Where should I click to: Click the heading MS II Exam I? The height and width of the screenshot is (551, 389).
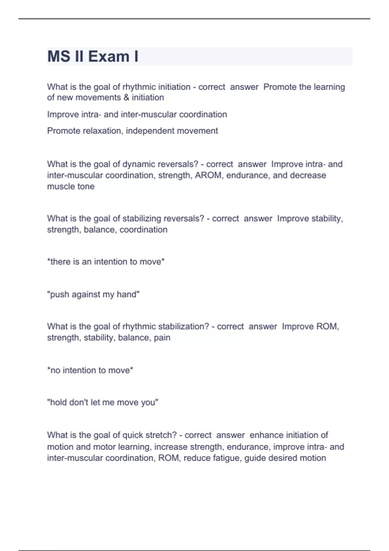tap(93, 56)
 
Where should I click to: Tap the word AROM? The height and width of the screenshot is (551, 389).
tap(209, 175)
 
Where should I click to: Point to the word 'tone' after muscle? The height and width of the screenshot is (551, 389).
tap(86, 186)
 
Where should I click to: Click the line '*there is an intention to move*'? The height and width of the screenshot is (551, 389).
tap(106, 262)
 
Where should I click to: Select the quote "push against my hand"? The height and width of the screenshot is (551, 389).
tap(93, 294)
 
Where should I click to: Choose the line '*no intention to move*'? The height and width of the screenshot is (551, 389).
tap(90, 370)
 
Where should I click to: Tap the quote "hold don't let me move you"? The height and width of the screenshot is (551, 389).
tap(103, 403)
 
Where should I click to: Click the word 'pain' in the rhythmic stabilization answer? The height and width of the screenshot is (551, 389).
tap(162, 338)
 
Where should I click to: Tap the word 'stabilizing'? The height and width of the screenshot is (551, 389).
tap(142, 218)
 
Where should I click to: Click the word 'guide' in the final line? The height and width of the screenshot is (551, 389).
tap(255, 458)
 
